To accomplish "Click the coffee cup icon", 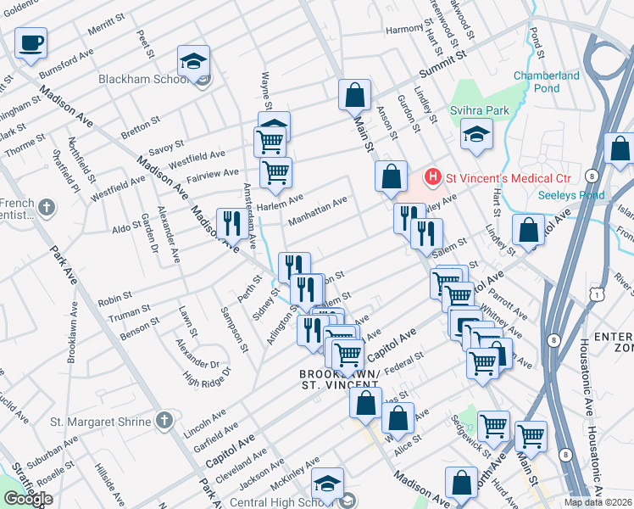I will tap(31, 42).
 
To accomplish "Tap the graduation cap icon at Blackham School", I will tap(193, 61).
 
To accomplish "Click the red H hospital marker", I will tap(432, 178).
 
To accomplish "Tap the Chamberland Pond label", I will tap(547, 81).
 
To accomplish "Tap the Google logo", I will tap(28, 499).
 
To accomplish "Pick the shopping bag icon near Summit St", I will tap(354, 95).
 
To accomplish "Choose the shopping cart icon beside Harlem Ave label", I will tap(275, 173).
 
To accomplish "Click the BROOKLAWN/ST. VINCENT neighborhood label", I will tap(339, 379).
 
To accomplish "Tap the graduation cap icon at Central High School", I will tap(327, 484).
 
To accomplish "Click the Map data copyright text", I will tap(598, 502).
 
